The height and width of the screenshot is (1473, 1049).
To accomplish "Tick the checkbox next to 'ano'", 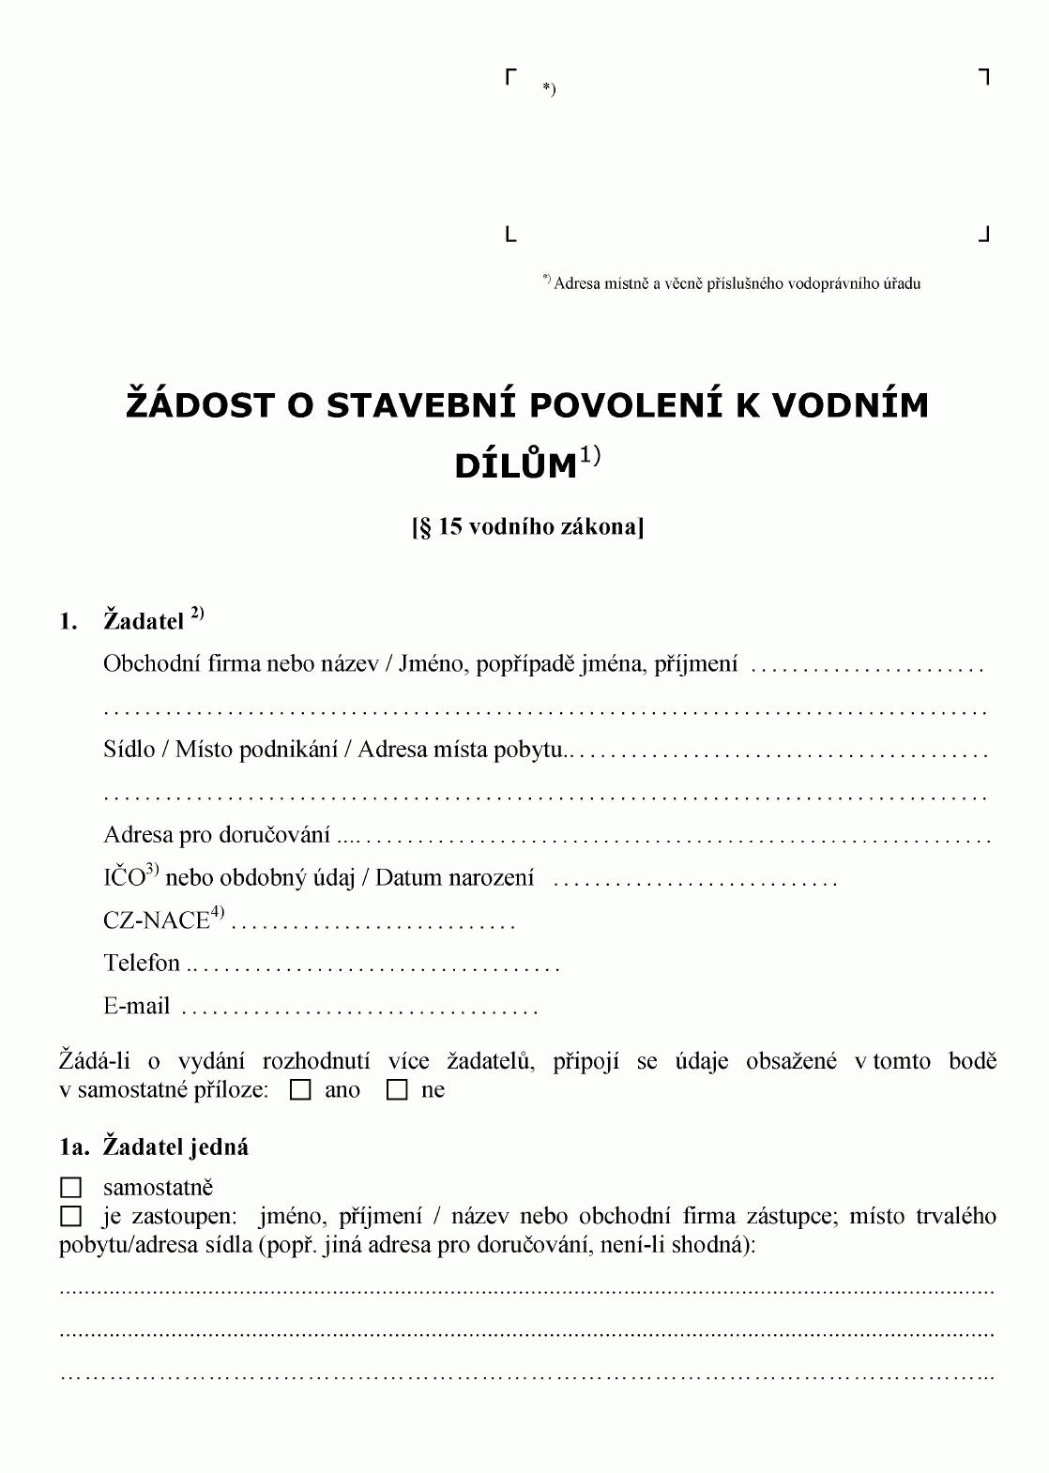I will (x=301, y=1090).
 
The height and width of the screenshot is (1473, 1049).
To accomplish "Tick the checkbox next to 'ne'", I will (x=398, y=1090).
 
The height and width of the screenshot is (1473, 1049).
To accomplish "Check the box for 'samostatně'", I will (x=70, y=1188).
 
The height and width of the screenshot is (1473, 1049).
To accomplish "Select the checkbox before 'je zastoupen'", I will (x=70, y=1217).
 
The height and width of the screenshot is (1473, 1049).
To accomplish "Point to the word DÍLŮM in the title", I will (x=515, y=466).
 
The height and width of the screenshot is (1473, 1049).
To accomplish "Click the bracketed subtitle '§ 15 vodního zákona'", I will (x=527, y=526).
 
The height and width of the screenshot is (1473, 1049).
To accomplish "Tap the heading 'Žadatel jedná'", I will (x=175, y=1147).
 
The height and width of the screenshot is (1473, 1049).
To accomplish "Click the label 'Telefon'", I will (x=142, y=963).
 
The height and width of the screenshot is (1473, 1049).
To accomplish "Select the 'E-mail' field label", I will (x=137, y=1007).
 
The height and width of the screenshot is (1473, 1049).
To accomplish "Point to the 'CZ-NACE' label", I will (x=156, y=920).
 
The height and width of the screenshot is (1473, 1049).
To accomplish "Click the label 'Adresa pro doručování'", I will (x=217, y=835).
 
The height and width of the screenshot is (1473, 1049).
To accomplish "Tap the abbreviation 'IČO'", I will (x=124, y=878).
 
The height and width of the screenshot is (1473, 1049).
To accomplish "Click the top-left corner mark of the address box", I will (x=511, y=76).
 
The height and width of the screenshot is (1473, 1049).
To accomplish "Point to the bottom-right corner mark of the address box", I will (x=984, y=235).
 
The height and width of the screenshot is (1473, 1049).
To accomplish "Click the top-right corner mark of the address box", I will (x=984, y=76).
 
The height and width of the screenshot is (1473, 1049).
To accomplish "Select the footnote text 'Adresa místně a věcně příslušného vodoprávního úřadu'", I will (x=737, y=283).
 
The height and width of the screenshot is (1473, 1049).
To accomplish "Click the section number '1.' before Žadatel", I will (x=68, y=621).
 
